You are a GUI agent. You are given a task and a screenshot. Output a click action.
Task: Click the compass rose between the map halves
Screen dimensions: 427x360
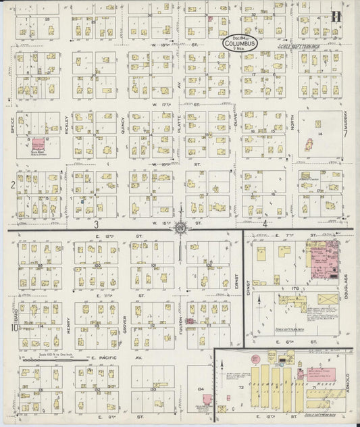coord(180,228)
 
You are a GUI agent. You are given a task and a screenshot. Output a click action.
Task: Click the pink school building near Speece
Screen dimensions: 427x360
coord(38,143)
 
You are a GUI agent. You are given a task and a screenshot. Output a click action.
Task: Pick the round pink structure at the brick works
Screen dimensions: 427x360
coord(256,359)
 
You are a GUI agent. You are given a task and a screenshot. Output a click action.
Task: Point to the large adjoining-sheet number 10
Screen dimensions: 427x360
coord(13,328)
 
